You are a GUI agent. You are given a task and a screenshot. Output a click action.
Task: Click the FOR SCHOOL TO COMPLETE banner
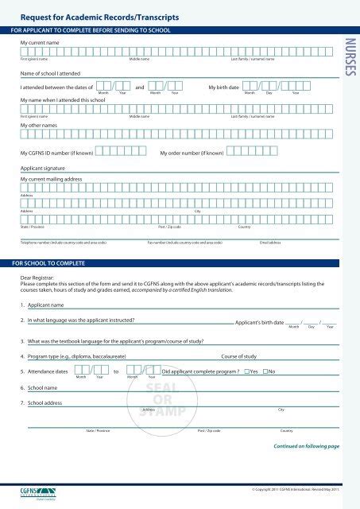pyautogui.click(x=49, y=261)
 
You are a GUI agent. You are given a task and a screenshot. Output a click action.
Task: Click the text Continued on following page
pyautogui.click(x=306, y=446)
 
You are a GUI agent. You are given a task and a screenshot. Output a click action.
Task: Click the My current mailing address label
pyautogui.click(x=51, y=180)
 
